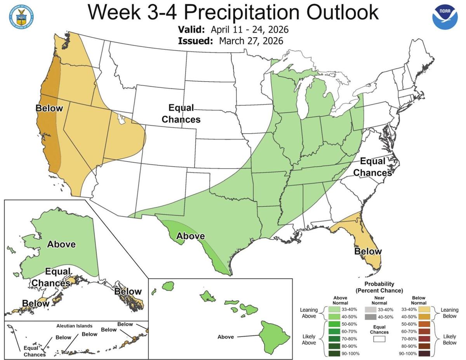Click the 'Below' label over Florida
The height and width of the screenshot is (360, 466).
pyautogui.click(x=368, y=251)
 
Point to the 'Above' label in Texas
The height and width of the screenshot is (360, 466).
pyautogui.click(x=190, y=236)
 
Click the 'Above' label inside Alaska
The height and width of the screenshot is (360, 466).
pyautogui.click(x=61, y=244)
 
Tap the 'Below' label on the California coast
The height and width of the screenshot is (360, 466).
pyautogui.click(x=49, y=108)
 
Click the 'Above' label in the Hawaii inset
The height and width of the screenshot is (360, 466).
pyautogui.click(x=225, y=337)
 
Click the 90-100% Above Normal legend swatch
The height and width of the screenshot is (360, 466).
pyautogui.click(x=335, y=353)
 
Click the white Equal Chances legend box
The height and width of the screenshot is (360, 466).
pyautogui.click(x=379, y=339)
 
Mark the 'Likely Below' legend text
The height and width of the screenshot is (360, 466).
pyautogui.click(x=450, y=339)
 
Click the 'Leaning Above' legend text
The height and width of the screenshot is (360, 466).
pyautogui.click(x=309, y=313)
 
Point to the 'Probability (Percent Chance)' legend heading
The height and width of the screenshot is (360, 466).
pyautogui.click(x=379, y=287)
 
